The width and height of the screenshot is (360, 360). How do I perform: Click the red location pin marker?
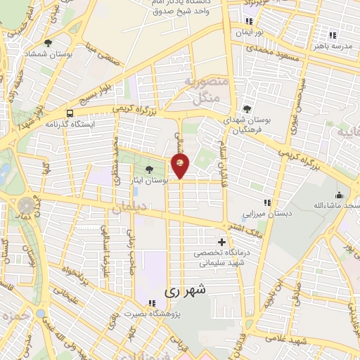click(181, 166)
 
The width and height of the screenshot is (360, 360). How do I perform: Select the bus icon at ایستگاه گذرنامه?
click(69, 112)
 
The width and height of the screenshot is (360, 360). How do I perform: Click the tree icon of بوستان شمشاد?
click(48, 43)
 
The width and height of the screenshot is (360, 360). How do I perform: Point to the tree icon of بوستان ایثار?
click(148, 169)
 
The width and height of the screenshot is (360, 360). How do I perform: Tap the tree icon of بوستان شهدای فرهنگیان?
click(247, 108)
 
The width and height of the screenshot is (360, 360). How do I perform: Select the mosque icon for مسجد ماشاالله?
click(340, 195)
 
